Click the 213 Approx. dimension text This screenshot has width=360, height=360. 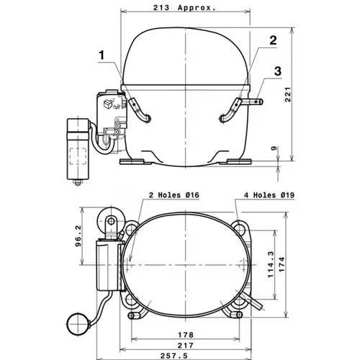click(x=184, y=8)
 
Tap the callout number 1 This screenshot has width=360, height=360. click(x=102, y=55)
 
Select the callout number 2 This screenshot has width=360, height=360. click(x=273, y=40)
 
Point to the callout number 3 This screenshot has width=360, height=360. click(x=278, y=71)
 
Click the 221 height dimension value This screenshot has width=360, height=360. click(x=288, y=94)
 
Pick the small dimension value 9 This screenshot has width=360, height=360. click(x=274, y=148)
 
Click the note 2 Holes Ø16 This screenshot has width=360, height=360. click(x=174, y=195)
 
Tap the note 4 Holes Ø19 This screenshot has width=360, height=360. click(x=269, y=195)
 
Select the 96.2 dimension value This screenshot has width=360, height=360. click(x=78, y=236)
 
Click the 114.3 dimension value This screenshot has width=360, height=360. click(x=271, y=264)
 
